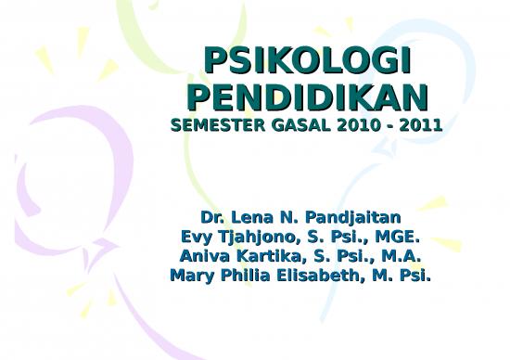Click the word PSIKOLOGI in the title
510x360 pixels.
click(x=307, y=62)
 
